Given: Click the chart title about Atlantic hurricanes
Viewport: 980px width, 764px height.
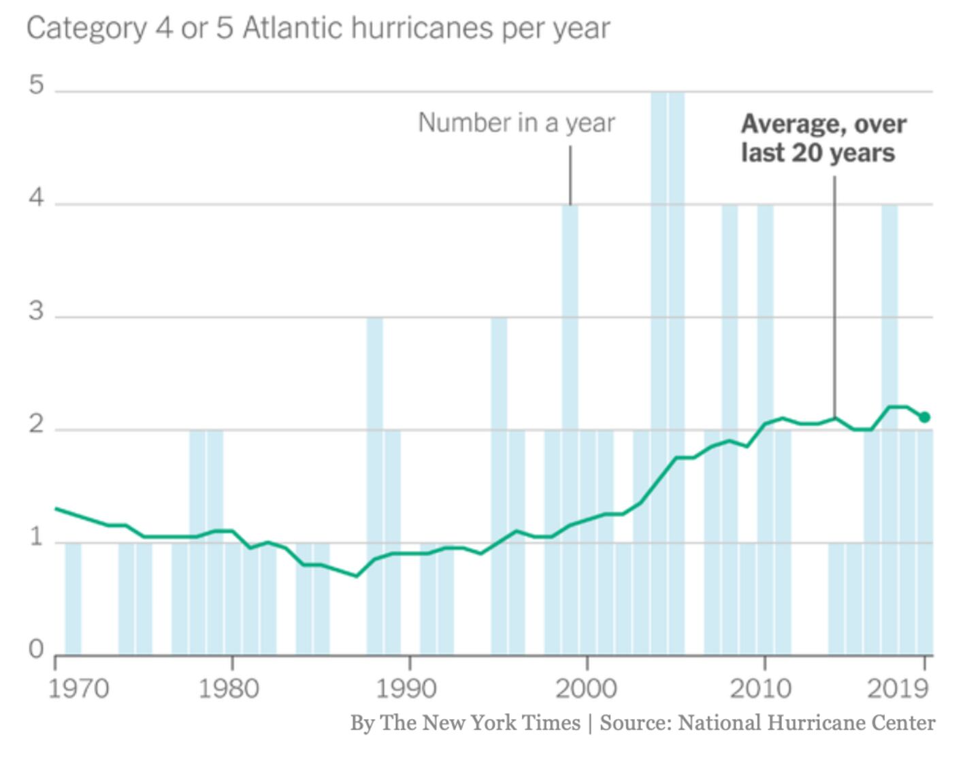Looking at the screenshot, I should pos(318,29).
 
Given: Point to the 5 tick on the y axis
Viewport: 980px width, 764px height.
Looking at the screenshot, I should pos(36,86).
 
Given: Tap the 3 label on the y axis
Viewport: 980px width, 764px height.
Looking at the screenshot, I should pos(36,312).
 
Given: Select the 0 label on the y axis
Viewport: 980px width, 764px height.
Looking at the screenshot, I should pos(36,650).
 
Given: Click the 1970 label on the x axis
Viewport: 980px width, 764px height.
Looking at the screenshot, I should pos(78,688).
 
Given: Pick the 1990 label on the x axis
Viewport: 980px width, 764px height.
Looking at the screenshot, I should pos(406,688).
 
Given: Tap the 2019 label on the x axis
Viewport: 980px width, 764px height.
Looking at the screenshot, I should pos(898,688).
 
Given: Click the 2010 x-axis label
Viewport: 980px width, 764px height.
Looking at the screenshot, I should pos(760,688).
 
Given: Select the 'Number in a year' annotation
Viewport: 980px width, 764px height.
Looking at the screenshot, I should pos(516,123).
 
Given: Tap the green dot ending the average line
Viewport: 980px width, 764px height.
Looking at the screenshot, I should pos(924,417).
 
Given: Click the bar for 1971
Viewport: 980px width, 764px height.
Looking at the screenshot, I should pos(73,599).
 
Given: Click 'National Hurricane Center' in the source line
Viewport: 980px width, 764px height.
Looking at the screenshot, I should pos(806,723).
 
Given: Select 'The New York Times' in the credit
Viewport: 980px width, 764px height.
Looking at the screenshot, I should pos(480,723).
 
